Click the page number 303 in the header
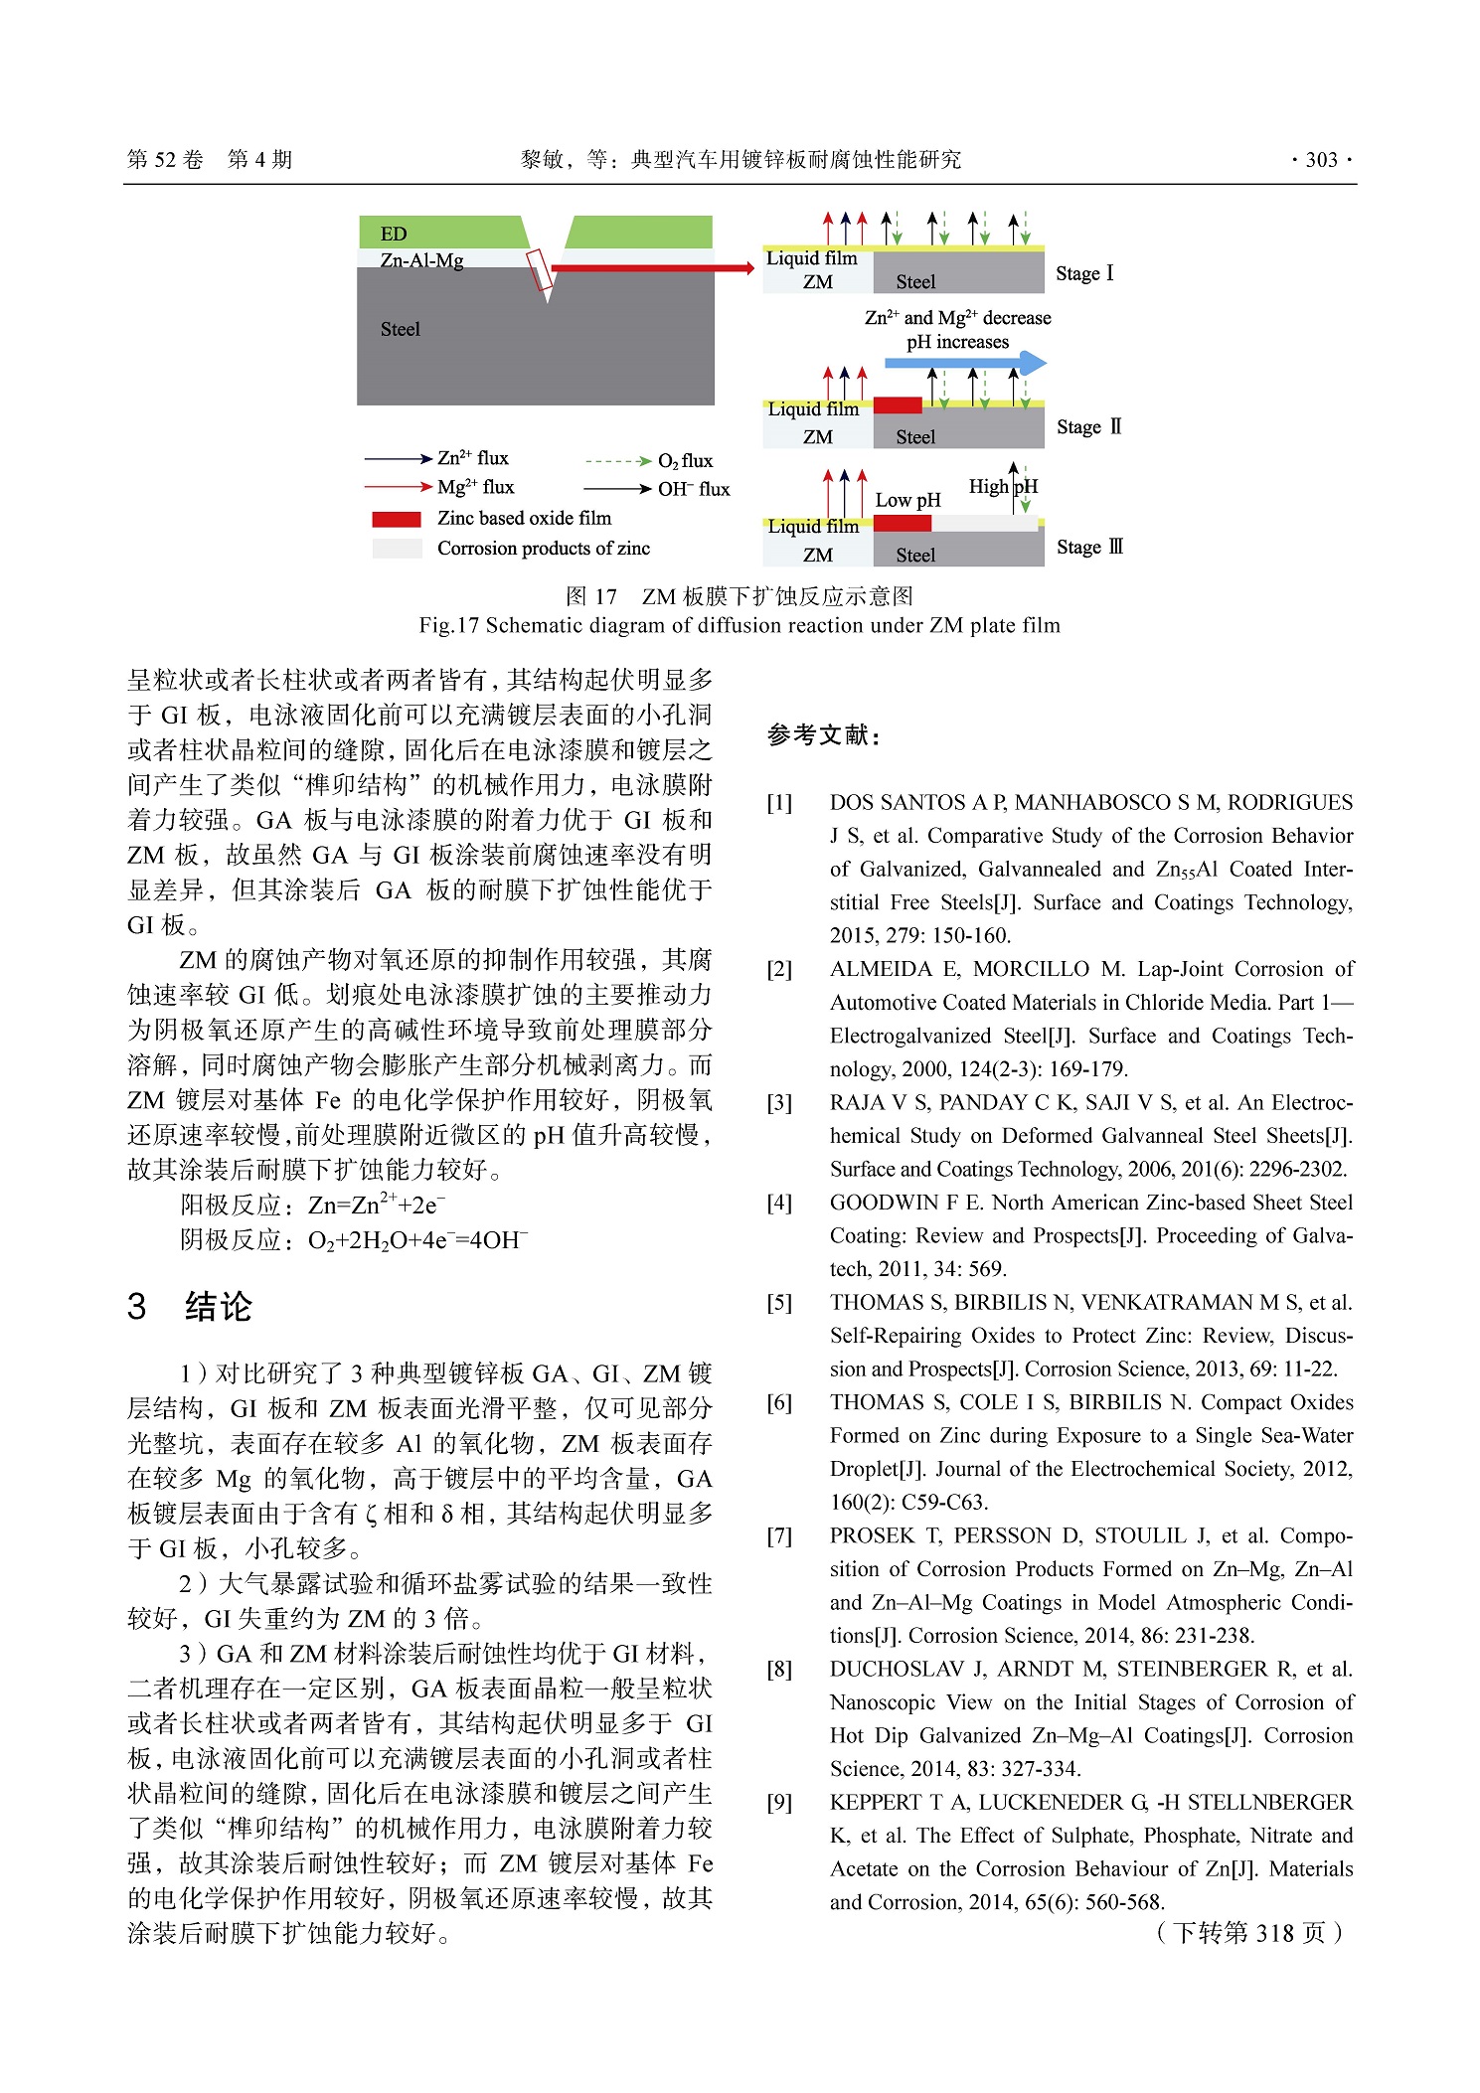1321,160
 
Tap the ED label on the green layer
394,234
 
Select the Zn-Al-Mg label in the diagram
421,260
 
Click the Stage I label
1084,273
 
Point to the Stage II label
1088,427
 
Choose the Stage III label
1089,547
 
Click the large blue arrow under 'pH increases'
965,364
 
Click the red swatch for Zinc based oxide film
397,519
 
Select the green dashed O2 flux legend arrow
618,461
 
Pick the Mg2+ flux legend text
475,487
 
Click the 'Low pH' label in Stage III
907,500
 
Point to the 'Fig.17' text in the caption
449,625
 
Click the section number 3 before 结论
137,1306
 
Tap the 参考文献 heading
823,735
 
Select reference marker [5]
779,1302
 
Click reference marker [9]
779,1802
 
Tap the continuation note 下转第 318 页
1249,1933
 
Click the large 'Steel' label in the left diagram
401,329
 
